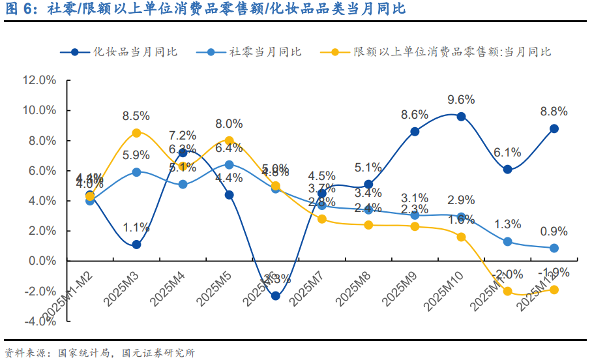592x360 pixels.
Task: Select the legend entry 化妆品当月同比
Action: tap(134, 52)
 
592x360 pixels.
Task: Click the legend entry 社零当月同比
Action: tap(265, 52)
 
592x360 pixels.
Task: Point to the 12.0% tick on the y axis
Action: tap(39, 80)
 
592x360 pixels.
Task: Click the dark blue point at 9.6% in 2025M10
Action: tap(461, 117)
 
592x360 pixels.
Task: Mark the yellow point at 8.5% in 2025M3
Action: tap(136, 133)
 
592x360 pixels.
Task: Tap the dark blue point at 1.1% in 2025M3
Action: tap(136, 245)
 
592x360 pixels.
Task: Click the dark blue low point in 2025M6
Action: tap(275, 295)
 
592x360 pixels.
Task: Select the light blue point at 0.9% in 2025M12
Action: tap(554, 248)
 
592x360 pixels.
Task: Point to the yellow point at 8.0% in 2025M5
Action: tap(229, 140)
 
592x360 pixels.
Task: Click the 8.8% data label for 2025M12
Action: tap(554, 112)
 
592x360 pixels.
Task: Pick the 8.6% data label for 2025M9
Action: tap(415, 114)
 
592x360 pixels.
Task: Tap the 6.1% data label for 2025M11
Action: tap(507, 152)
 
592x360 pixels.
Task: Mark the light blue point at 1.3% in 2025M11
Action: tap(507, 241)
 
